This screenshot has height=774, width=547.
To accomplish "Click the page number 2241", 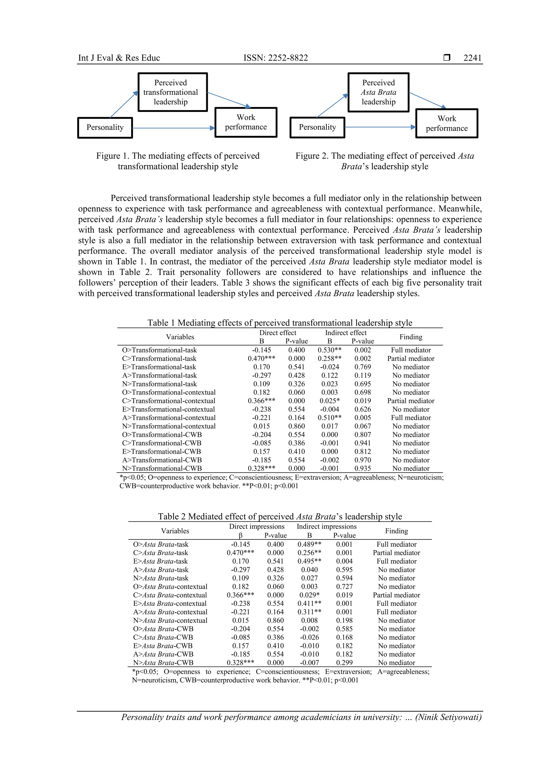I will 472,58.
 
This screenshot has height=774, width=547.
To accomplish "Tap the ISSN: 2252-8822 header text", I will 275,58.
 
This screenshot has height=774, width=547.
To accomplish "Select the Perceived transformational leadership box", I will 172,92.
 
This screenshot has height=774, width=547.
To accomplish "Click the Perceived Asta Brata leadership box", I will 378,92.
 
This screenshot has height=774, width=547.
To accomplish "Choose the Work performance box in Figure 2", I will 447,123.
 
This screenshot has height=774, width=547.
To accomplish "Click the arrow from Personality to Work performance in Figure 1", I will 174,128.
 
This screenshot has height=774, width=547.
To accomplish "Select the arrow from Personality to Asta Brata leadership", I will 332,106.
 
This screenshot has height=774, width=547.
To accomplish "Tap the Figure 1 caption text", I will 178,161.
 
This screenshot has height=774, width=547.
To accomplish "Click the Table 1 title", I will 279,323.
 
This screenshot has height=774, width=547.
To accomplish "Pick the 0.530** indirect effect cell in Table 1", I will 329,350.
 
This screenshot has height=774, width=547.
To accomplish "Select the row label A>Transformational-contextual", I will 169,418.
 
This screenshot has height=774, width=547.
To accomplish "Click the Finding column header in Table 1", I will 411,337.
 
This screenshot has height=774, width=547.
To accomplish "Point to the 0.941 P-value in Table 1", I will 362,443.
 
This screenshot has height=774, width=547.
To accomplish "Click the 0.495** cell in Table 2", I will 309,561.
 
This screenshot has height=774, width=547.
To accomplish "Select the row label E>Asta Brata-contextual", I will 170,604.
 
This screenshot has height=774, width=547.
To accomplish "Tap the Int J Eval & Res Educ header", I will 119,58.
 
